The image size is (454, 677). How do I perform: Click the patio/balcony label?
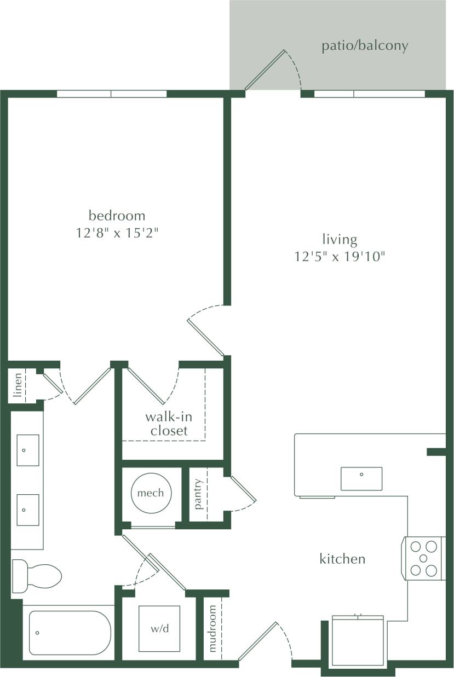pos(365,45)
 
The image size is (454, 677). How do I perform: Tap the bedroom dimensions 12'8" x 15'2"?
pos(118,233)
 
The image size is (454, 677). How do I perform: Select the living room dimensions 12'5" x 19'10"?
pos(340,256)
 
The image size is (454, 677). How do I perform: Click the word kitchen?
pos(342,559)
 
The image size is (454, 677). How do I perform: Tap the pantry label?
pos(198,494)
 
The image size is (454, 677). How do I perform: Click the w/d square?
pos(159,628)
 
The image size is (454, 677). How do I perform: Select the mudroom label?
pos(212,628)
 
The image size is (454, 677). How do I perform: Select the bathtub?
pos(70,633)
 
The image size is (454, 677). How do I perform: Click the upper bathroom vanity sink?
pos(27,450)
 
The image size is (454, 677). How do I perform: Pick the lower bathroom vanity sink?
pos(27,510)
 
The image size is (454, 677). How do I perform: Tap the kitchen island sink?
pos(361,478)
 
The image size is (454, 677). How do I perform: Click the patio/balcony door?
pos(266,70)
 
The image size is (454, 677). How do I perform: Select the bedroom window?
pos(112,94)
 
